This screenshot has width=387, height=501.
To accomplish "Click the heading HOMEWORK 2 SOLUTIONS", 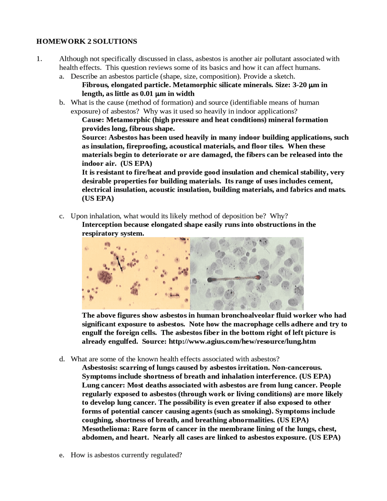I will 86,41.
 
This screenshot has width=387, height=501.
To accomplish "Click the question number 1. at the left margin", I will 39,59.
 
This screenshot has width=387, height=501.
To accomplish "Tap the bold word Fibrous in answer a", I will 94,85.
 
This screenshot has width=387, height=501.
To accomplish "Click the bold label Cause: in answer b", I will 93,120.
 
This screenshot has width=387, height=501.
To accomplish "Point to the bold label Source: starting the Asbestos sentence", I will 94,138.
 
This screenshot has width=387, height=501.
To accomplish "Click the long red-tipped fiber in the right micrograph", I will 233,279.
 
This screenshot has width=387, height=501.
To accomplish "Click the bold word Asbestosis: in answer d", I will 100,368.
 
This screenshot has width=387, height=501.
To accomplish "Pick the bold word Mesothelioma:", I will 106,429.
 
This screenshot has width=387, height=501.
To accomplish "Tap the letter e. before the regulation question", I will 62,455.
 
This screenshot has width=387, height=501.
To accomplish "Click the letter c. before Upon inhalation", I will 62,216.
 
